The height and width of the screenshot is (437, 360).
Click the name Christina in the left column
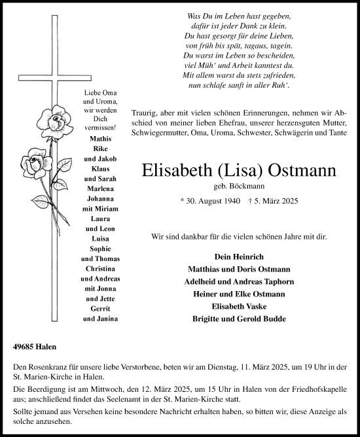(x=100, y=270)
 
